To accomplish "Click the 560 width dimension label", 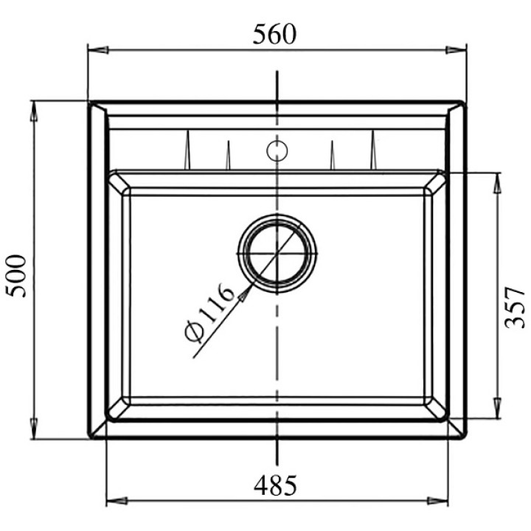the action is (274, 34).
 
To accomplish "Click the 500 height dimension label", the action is (16, 276).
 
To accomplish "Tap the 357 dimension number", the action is (515, 308).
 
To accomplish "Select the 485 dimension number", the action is (275, 485).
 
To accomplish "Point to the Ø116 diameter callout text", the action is (209, 313).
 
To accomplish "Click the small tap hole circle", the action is (277, 151).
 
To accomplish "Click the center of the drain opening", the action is (277, 253).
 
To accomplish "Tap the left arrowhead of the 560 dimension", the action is (98, 50).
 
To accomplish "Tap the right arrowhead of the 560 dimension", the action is (456, 50).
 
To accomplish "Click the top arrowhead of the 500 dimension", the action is (34, 111).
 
